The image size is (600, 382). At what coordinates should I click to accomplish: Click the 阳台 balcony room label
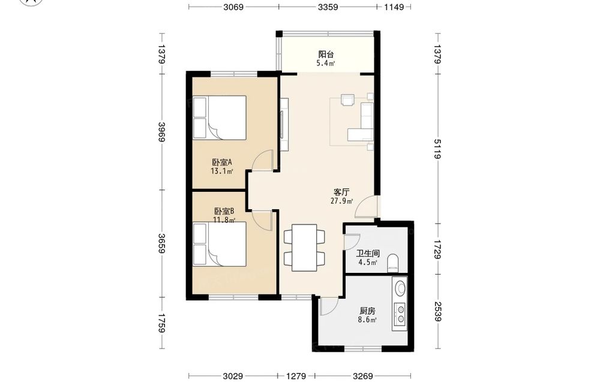coord(326,55)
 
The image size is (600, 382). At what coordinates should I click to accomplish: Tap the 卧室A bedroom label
coord(222,162)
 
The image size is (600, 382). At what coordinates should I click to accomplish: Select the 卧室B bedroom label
coord(224,211)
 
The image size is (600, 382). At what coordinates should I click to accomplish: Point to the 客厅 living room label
coord(341,192)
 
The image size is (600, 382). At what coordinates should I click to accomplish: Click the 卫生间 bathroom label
coord(368,254)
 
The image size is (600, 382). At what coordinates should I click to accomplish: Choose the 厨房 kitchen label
coord(367,311)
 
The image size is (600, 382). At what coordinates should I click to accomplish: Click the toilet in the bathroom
coord(393,263)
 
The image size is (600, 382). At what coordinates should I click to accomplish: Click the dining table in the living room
coord(304,248)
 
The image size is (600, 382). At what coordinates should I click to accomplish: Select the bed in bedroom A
coord(220,118)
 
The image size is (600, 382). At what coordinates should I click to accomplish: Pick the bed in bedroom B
coord(220,244)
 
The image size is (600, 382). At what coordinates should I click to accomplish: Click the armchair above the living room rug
coord(348,99)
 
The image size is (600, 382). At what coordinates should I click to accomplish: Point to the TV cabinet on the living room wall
coord(284,125)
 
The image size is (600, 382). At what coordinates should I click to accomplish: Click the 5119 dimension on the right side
coord(438,149)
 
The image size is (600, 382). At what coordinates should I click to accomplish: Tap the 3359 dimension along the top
coord(328,7)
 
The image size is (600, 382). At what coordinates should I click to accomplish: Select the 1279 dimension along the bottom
coord(296,376)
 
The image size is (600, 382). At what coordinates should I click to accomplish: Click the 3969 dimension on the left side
coord(161,132)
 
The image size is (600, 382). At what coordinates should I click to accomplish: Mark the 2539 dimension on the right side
coord(438,312)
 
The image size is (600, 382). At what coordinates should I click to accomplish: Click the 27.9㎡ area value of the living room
coord(341,201)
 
